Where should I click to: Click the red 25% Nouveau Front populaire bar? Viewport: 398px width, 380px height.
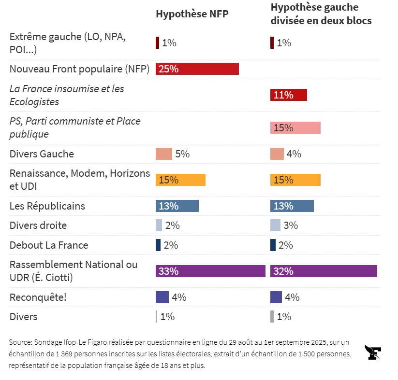tap(197, 69)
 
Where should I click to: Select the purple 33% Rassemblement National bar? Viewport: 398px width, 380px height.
tap(210, 271)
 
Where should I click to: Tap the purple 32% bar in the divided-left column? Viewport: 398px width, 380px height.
tap(324, 271)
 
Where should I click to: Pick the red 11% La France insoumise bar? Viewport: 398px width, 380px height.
tap(289, 95)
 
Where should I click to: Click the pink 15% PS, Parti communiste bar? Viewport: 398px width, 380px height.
tap(295, 128)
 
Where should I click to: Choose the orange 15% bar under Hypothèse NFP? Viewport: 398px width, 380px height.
tap(180, 180)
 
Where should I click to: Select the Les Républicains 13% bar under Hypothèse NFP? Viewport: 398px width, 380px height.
tap(177, 206)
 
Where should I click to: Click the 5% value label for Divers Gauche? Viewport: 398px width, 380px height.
tap(182, 154)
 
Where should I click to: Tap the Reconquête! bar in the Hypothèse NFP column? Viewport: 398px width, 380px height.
tap(162, 297)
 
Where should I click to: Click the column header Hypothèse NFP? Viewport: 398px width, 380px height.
tap(192, 14)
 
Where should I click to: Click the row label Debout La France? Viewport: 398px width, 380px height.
tap(49, 245)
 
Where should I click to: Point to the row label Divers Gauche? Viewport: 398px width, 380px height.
tap(42, 154)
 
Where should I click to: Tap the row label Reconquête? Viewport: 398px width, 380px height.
tap(38, 297)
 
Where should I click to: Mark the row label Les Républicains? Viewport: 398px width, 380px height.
tap(47, 206)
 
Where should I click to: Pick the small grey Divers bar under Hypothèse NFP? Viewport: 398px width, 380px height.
tap(157, 317)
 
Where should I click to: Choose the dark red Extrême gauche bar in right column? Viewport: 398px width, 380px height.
tap(272, 43)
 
